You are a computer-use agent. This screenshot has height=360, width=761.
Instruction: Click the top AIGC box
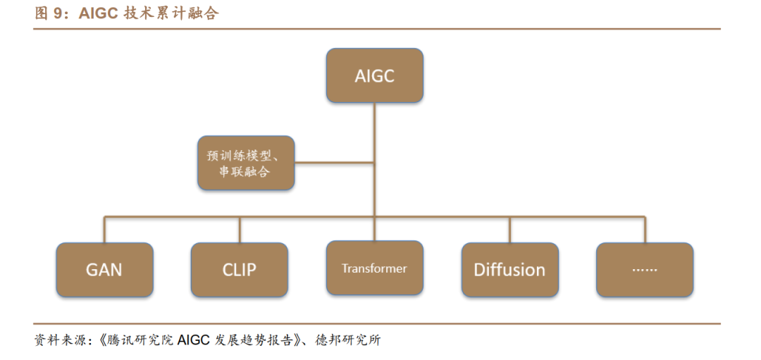point(374,75)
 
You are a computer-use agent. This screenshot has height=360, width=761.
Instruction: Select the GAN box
point(104,269)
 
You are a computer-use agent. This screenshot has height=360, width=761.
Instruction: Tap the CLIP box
point(240,269)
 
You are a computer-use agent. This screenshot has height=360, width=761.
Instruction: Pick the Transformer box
point(374,268)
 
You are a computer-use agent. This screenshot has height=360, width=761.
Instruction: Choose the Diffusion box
point(509,269)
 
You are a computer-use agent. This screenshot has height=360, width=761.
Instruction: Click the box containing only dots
point(645,269)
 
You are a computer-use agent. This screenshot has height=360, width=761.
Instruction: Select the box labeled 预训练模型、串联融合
point(245,163)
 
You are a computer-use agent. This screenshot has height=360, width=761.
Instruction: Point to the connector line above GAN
point(104,229)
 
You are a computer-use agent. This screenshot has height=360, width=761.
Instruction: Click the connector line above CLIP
point(240,229)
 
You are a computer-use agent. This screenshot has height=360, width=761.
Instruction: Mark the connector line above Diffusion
point(510,229)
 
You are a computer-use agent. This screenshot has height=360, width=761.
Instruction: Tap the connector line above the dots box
point(645,229)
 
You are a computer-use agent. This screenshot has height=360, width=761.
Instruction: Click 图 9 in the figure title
point(49,13)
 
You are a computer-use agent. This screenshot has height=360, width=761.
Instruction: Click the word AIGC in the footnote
point(194,341)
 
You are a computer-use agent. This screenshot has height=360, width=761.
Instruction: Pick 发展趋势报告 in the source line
point(256,341)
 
